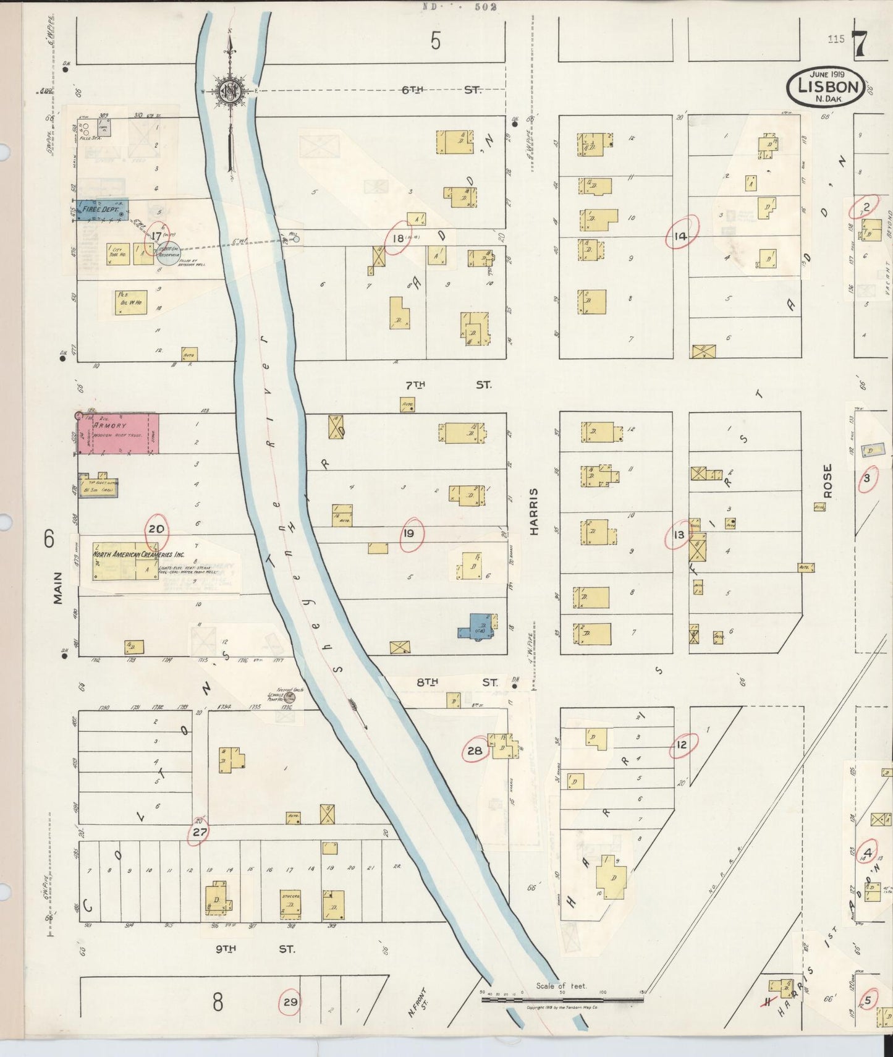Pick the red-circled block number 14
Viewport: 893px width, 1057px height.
point(680,236)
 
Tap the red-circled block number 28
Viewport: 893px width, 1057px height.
point(475,751)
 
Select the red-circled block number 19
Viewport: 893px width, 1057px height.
point(409,533)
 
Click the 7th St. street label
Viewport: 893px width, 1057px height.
point(447,385)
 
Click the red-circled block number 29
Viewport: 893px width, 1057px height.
point(290,1002)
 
